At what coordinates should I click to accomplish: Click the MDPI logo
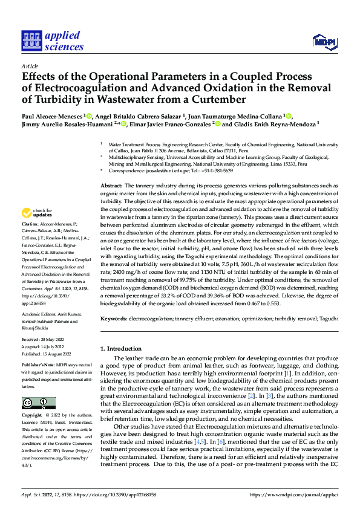click(324, 42)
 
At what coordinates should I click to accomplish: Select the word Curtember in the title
click(217, 99)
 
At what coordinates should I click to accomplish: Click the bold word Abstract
click(111, 185)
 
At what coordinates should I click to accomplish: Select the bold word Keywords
click(113, 317)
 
